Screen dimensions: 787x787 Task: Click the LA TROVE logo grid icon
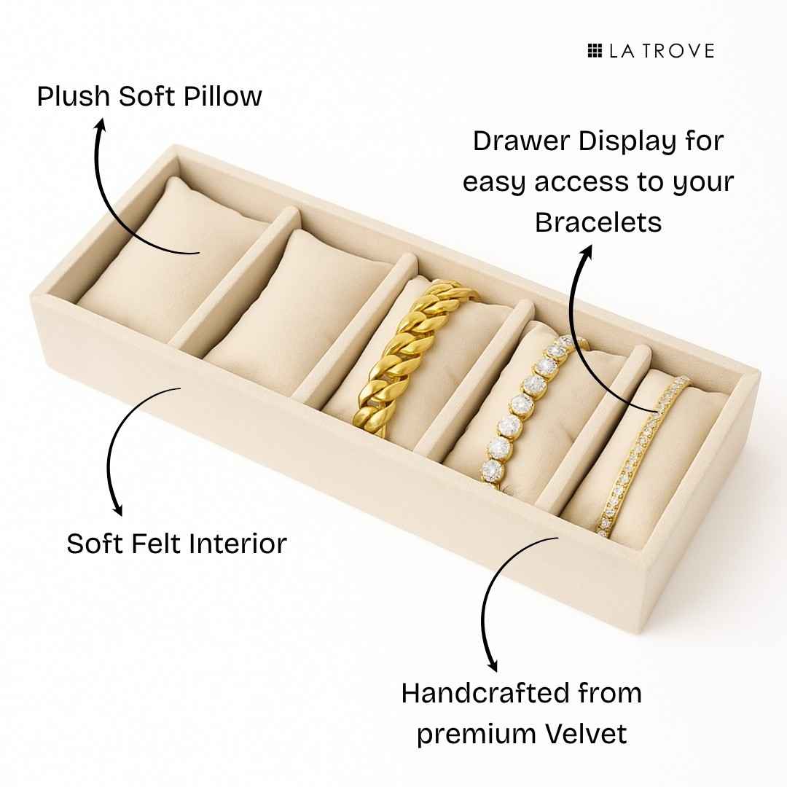coord(595,50)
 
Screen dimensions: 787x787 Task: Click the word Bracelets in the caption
coord(598,222)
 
